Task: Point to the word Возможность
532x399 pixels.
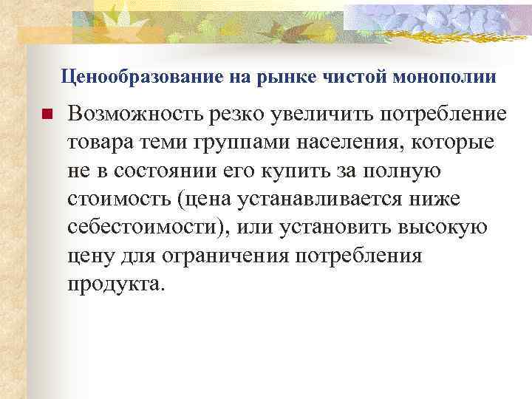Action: tap(137, 115)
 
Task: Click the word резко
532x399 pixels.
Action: tap(245, 115)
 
